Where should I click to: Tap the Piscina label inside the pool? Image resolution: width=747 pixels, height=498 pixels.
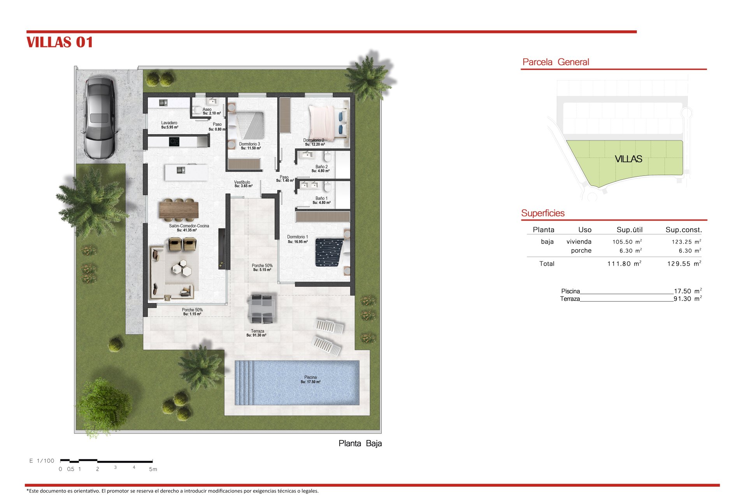[310, 377]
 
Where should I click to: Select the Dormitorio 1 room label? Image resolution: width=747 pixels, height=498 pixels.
[298, 237]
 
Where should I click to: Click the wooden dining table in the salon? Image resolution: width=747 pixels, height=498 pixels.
[179, 210]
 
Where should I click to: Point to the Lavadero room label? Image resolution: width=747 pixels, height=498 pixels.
[169, 123]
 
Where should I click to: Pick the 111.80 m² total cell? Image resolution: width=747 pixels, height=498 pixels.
[624, 264]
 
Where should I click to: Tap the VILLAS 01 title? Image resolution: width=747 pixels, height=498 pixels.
[60, 42]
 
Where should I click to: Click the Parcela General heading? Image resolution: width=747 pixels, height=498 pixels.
[556, 62]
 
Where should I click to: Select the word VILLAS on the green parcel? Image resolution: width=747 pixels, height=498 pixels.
[628, 159]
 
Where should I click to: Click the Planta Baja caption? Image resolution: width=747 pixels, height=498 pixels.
[360, 444]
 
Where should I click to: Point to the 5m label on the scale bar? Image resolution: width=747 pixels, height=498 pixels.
[153, 469]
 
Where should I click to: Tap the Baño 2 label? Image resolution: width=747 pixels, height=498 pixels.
[321, 167]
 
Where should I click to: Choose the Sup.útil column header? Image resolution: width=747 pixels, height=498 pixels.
[630, 230]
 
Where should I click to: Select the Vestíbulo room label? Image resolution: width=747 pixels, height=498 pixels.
[242, 182]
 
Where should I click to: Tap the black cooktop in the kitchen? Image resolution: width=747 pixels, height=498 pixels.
[174, 142]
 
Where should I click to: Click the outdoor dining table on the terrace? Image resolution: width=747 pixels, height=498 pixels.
[262, 309]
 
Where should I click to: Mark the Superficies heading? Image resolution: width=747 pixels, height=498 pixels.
[543, 213]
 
